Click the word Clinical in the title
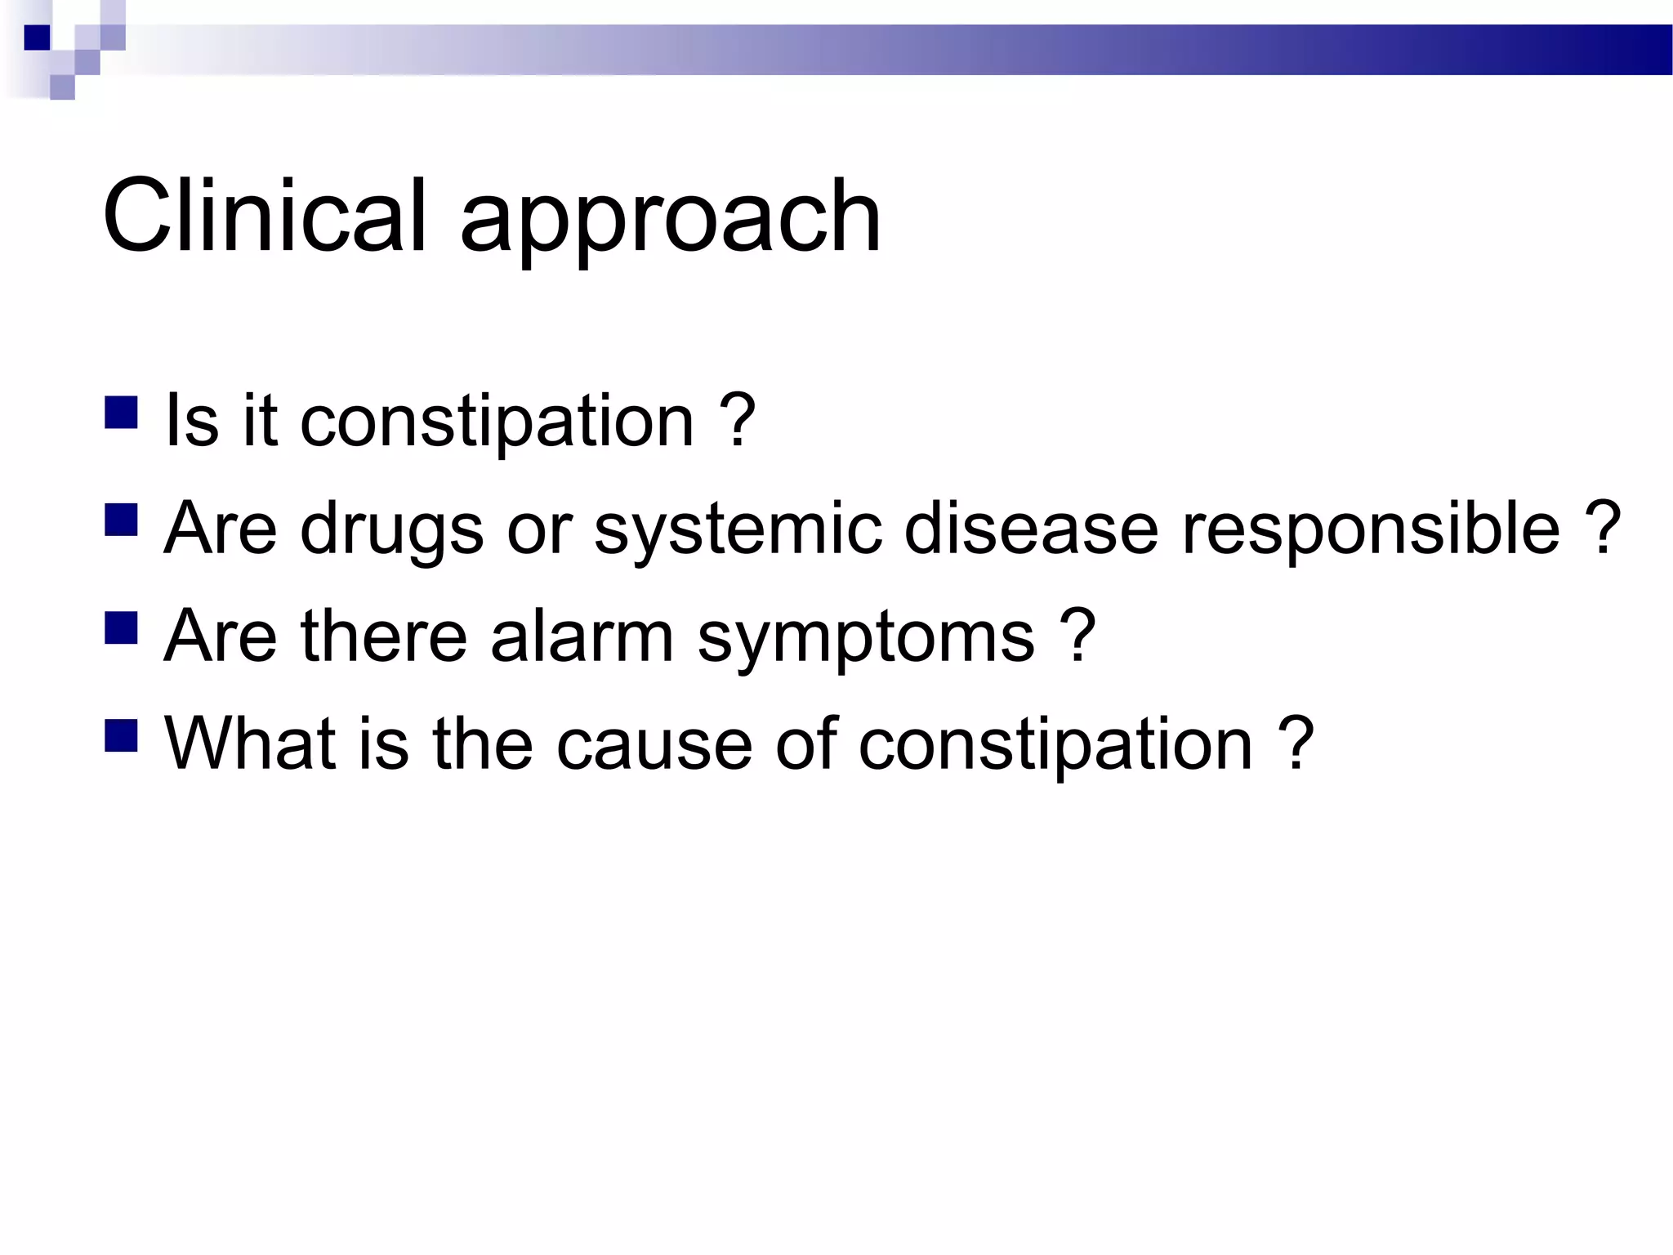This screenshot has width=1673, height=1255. [x=264, y=216]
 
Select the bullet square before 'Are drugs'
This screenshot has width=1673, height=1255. [x=121, y=520]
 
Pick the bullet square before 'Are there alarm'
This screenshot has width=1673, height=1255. [x=121, y=628]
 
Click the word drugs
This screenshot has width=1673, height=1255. [x=392, y=529]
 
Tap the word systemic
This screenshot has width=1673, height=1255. [x=738, y=529]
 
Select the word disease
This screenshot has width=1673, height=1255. [x=1031, y=529]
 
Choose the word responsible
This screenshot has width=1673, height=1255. [x=1371, y=529]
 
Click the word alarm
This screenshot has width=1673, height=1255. [x=582, y=636]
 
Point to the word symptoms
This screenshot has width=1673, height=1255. [x=866, y=639]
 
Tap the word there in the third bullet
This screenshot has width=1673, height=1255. [x=383, y=636]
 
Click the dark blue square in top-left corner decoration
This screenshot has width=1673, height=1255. [x=37, y=38]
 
